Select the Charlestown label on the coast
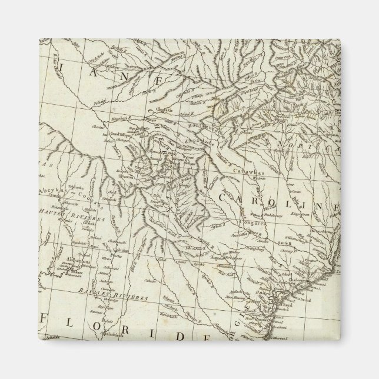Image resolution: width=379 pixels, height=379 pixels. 307,271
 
